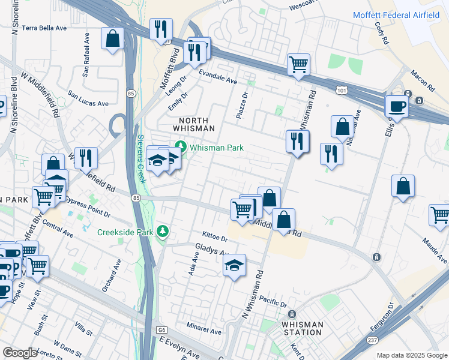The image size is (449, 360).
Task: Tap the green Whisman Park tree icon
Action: click(180, 146)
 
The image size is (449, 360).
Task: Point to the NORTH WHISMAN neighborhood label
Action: click(193, 123)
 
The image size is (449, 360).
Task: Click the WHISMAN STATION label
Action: click(302, 328)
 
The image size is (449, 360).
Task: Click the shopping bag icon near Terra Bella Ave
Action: click(112, 39)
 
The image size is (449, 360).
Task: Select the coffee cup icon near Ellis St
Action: click(397, 106)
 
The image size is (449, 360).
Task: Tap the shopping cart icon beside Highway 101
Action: click(298, 64)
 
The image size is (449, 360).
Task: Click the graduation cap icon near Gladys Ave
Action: click(234, 265)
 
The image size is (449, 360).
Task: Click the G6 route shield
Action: click(161, 330)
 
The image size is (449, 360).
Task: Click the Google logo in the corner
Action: click(19, 353)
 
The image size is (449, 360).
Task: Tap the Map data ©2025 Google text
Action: click(412, 355)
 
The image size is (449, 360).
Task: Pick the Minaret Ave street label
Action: click(203, 331)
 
